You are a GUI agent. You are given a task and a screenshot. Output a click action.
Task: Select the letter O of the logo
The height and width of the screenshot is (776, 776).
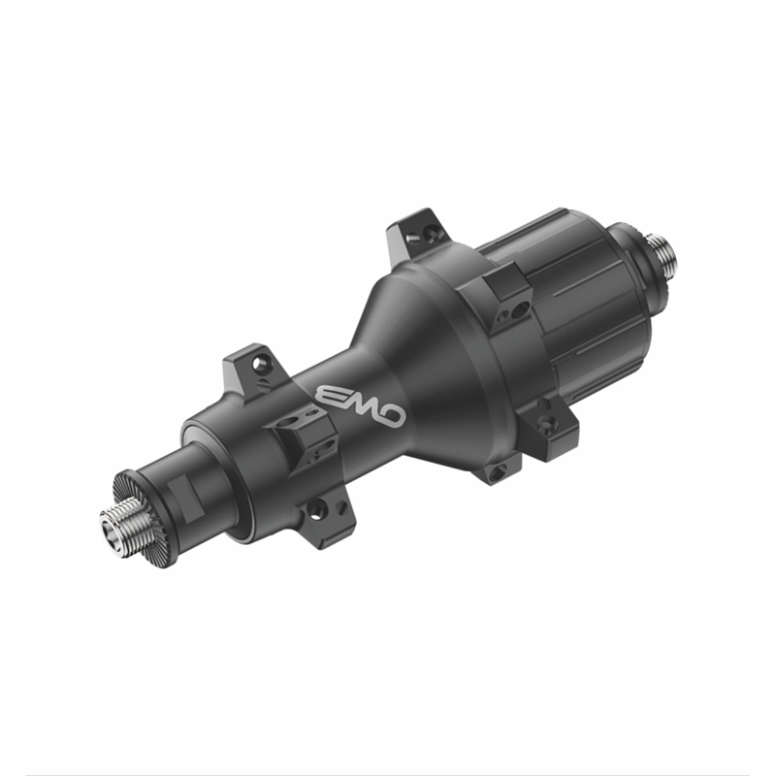tap(392, 415)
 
